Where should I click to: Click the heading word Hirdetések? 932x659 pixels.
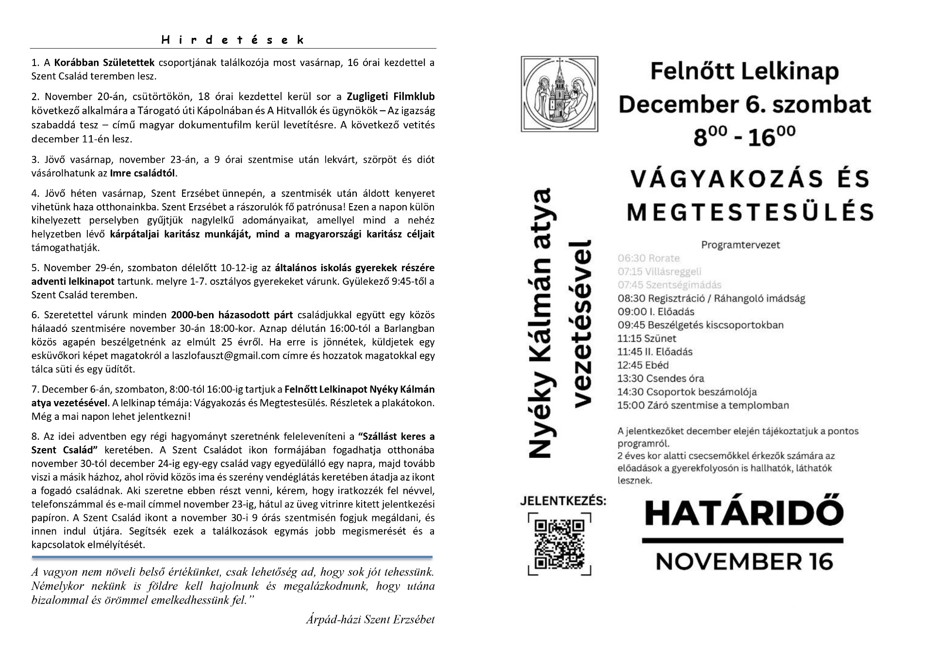[233, 40]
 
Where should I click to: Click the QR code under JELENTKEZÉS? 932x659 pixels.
[559, 545]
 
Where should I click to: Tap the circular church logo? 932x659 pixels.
[559, 93]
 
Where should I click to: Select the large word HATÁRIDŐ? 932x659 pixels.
[743, 514]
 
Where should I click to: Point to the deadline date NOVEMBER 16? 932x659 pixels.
[744, 561]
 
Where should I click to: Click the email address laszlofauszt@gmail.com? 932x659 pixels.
[226, 355]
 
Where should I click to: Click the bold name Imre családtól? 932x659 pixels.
[143, 173]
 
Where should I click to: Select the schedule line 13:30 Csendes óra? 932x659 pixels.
[660, 378]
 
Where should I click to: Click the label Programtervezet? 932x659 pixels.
[740, 244]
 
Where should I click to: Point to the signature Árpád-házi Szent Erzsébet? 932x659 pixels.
[370, 620]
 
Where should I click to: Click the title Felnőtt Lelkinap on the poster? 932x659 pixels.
[744, 72]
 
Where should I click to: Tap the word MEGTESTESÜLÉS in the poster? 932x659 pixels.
[750, 211]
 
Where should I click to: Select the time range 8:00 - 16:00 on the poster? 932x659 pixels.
[744, 136]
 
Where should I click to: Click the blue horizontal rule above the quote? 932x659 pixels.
[232, 557]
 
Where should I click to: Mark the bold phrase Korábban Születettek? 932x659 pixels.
[104, 63]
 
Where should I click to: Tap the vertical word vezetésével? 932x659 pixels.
[582, 323]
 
